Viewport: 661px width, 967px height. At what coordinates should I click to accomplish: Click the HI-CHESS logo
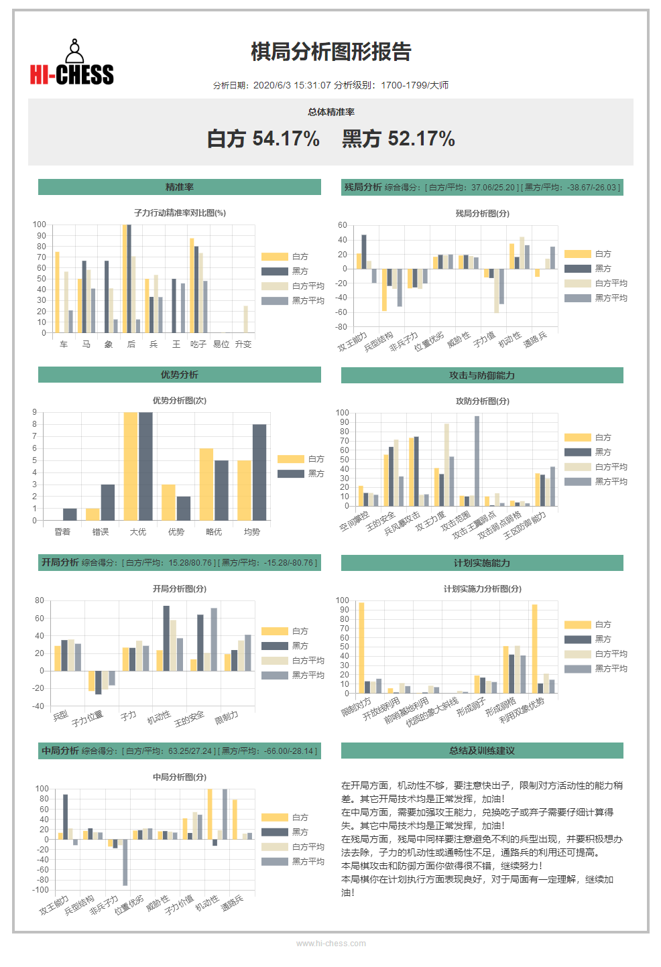click(72, 62)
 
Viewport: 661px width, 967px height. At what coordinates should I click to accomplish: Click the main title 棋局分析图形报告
click(330, 52)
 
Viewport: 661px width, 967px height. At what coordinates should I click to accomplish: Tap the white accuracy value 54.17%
click(286, 139)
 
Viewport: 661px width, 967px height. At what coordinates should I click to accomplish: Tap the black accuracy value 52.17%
click(421, 139)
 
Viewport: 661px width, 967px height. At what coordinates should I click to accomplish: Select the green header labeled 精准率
click(179, 187)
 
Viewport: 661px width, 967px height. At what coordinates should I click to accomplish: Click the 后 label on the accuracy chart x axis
click(131, 344)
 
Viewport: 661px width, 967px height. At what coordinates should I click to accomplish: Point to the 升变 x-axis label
click(243, 344)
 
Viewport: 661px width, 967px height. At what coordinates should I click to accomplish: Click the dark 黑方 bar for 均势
click(259, 472)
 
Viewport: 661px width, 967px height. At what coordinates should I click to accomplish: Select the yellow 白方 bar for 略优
click(206, 485)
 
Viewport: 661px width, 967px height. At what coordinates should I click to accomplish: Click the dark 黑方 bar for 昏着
click(70, 515)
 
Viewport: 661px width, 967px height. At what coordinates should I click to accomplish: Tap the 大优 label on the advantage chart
click(138, 532)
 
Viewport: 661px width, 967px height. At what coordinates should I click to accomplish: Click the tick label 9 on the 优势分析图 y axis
click(35, 412)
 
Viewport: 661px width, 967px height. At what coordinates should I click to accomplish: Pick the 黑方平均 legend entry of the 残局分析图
click(596, 298)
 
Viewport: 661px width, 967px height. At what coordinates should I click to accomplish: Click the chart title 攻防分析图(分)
click(482, 401)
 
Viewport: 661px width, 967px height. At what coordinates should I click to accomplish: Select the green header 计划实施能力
click(482, 563)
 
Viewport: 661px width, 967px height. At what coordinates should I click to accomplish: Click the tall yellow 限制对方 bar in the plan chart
click(361, 648)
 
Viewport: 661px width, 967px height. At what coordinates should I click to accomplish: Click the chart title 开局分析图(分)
click(179, 589)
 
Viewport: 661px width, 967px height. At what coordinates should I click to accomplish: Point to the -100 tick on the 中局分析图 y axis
click(40, 890)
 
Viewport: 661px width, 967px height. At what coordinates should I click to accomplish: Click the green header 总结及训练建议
click(482, 751)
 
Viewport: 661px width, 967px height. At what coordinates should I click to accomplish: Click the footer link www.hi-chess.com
click(330, 944)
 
